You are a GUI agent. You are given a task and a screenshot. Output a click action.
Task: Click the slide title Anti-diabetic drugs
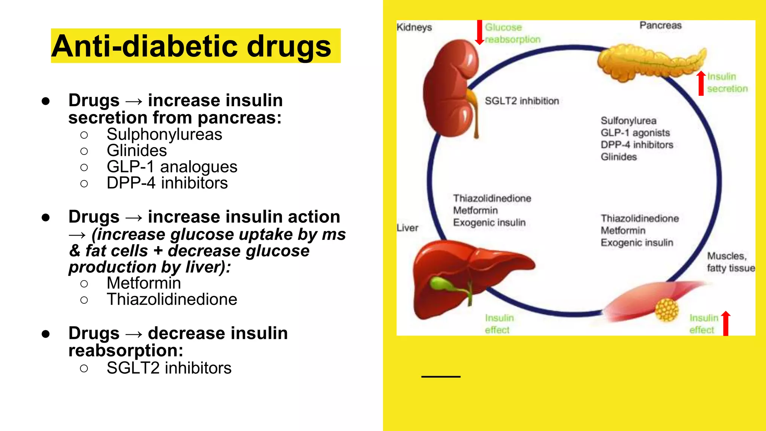[191, 46]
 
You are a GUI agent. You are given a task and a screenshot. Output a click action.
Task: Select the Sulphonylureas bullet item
[164, 134]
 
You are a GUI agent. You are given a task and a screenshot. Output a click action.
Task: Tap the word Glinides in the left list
[137, 150]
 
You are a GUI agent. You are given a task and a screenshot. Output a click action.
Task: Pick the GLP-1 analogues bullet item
[172, 167]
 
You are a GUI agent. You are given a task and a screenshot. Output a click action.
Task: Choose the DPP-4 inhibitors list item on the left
[167, 183]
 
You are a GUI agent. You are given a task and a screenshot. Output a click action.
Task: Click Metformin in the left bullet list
[144, 283]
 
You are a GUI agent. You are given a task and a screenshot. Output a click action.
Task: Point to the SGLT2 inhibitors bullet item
[169, 368]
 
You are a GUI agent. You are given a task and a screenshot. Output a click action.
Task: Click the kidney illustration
[451, 88]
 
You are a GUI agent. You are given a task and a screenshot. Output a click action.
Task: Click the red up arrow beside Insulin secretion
[701, 83]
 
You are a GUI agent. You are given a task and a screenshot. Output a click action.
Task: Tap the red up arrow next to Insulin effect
[726, 323]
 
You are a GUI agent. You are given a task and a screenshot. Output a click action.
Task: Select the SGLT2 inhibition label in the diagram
[522, 101]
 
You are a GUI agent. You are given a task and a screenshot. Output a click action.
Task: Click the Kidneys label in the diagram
[414, 27]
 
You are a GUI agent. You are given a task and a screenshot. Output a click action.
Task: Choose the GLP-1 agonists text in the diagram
[635, 133]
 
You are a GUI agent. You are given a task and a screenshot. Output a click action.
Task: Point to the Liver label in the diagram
[407, 228]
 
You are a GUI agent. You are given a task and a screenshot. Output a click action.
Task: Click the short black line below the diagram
[441, 376]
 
